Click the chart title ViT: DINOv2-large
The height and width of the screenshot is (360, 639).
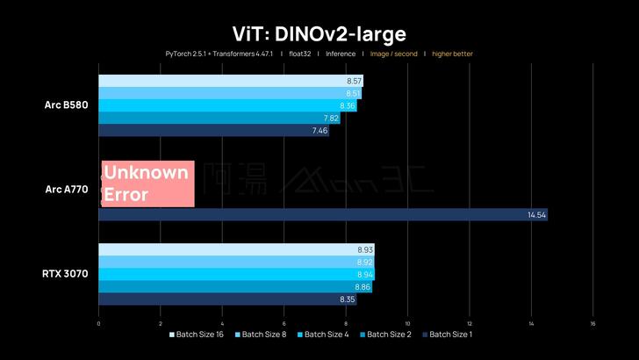click(x=319, y=33)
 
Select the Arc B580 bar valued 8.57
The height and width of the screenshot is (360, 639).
click(x=230, y=81)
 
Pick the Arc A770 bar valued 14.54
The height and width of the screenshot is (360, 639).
click(x=322, y=214)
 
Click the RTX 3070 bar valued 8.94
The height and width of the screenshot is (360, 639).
click(x=236, y=274)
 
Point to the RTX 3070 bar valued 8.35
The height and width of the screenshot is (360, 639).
click(x=227, y=299)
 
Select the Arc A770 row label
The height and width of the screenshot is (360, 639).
click(x=66, y=190)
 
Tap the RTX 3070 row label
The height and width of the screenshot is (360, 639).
click(x=64, y=274)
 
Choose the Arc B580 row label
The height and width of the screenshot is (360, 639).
click(x=66, y=105)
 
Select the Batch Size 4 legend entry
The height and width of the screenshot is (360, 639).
click(x=325, y=335)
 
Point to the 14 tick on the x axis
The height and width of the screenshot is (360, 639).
click(x=531, y=323)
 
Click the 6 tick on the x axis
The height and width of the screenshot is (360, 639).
click(x=284, y=323)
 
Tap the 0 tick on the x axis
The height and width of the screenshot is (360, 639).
click(x=98, y=323)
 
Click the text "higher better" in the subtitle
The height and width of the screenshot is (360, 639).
click(x=452, y=54)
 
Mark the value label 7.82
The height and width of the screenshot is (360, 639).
click(x=331, y=119)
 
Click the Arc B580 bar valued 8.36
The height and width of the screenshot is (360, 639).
click(x=227, y=105)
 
